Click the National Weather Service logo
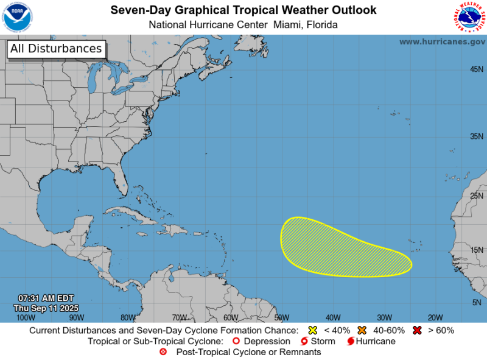[x=469, y=16]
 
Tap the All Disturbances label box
[x=56, y=49]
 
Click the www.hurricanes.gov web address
[x=442, y=41]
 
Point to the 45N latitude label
[x=477, y=69]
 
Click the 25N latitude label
[x=477, y=196]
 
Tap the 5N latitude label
[x=478, y=302]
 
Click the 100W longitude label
[x=25, y=317]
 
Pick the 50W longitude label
[x=281, y=317]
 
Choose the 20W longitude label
[x=435, y=317]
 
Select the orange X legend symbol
[x=362, y=330]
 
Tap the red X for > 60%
[x=417, y=330]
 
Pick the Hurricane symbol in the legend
[x=351, y=341]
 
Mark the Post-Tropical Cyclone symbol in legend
[x=163, y=352]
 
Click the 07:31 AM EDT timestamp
[x=46, y=298]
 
